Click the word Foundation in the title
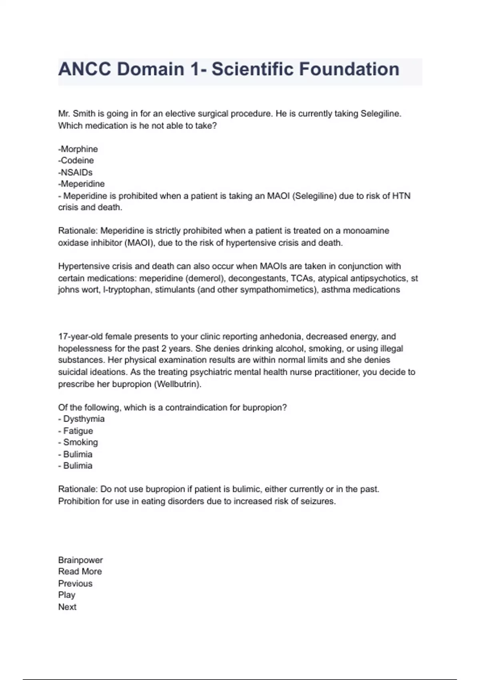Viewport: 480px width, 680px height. click(x=349, y=69)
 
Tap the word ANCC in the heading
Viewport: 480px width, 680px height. click(x=85, y=69)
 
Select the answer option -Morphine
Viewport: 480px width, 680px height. click(x=78, y=149)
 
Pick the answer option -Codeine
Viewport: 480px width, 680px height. click(x=76, y=160)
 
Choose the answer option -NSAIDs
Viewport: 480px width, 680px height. click(x=75, y=172)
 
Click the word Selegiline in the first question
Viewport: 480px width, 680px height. click(x=380, y=114)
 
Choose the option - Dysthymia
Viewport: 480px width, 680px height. click(x=81, y=419)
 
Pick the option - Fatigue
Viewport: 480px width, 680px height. click(x=76, y=431)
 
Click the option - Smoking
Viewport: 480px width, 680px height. click(x=78, y=442)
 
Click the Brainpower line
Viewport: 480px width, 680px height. click(x=80, y=560)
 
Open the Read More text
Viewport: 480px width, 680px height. click(x=80, y=572)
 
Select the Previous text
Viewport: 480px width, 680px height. click(x=75, y=583)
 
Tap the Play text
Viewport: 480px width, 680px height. click(x=67, y=595)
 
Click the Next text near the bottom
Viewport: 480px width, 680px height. click(x=67, y=607)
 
